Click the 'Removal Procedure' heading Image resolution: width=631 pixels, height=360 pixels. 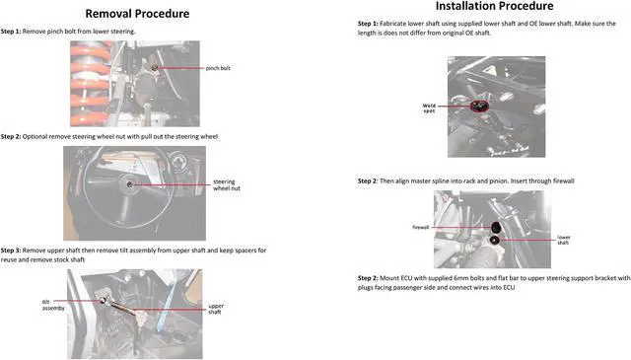[x=137, y=14]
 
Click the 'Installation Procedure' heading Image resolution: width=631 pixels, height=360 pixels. [x=494, y=6]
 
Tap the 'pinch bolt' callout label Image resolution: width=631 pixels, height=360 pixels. [x=218, y=68]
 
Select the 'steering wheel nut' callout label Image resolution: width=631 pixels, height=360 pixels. [x=227, y=184]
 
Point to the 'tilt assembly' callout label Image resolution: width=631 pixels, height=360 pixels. [x=53, y=305]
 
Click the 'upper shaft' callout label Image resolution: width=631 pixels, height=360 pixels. [x=216, y=309]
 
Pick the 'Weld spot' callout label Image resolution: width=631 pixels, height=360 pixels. [x=429, y=108]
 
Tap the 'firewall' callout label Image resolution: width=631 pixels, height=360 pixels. [x=421, y=228]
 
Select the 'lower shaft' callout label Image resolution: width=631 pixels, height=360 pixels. [x=563, y=240]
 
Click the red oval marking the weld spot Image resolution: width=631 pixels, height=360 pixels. [x=480, y=106]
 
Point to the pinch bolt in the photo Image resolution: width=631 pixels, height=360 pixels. [x=155, y=68]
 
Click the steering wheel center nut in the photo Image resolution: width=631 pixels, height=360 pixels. [x=129, y=184]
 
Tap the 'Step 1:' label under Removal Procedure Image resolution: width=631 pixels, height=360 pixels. [x=11, y=31]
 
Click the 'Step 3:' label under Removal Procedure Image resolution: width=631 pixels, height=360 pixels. [x=11, y=251]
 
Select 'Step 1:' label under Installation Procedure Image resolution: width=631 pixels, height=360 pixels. [x=368, y=24]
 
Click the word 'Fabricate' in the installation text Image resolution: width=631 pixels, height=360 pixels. [x=392, y=24]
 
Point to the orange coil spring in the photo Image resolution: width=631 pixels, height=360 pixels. [x=90, y=84]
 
